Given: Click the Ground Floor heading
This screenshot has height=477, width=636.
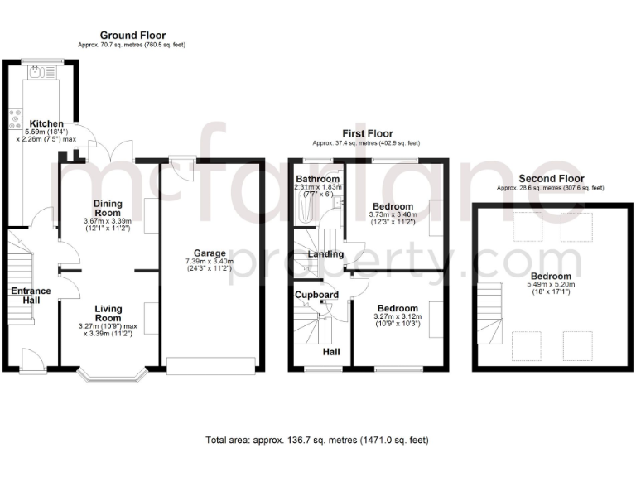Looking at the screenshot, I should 132,36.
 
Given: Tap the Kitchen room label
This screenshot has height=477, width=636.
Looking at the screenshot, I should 46,123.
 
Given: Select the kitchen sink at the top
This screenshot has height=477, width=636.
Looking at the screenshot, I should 39,74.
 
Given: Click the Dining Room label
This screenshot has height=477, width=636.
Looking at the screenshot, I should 107,207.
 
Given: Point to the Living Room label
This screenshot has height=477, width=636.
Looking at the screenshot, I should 108,313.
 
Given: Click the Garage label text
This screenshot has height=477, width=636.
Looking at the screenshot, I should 210,253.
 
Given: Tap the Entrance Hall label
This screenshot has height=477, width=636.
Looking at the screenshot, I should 31,296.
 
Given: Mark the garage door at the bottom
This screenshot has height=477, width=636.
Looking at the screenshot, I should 210,365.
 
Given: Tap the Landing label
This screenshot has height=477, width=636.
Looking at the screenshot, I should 325,253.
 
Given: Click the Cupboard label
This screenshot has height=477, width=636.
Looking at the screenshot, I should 317,295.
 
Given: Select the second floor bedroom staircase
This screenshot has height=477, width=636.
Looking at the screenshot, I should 490,313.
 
